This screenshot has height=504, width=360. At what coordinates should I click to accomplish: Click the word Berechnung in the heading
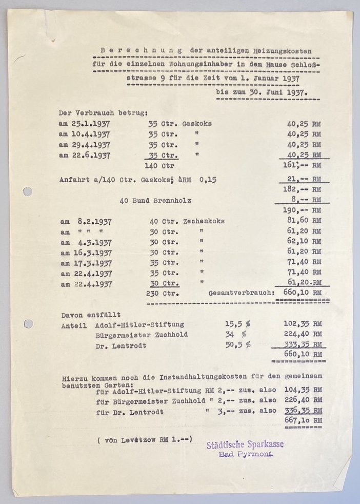click(141, 50)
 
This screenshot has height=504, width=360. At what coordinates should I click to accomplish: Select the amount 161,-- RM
click(303, 165)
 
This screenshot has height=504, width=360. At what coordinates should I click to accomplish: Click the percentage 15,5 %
click(237, 324)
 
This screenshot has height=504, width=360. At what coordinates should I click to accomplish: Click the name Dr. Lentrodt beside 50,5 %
click(121, 345)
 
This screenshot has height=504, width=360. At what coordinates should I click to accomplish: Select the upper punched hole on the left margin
click(28, 191)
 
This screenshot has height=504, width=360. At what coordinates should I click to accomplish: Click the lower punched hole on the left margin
click(28, 324)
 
